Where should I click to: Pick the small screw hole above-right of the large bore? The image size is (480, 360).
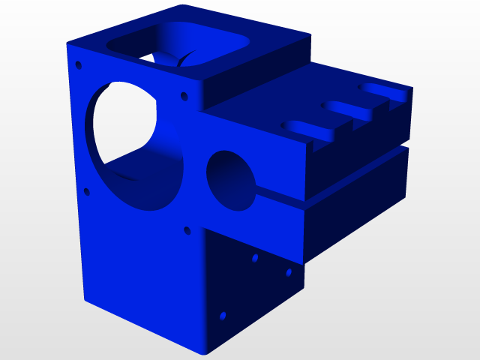(183, 96)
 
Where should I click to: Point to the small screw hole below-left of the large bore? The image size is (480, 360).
(87, 192)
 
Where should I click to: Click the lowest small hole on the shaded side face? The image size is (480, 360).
(222, 316)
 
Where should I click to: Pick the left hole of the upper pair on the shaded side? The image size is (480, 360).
(255, 258)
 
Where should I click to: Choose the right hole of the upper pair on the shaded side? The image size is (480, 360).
(287, 273)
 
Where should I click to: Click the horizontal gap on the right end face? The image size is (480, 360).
(356, 173)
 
